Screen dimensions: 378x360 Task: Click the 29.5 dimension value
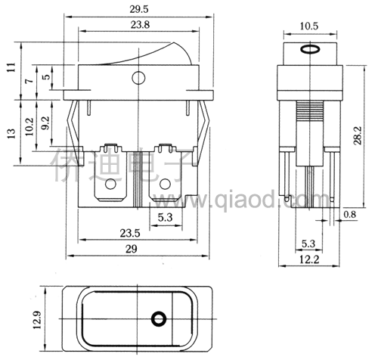coord(139,9)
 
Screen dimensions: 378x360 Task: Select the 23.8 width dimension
coord(140,25)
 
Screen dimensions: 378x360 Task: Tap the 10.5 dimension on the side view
coord(309,26)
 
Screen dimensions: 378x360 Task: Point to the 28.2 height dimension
coord(358,135)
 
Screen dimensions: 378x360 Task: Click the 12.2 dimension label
coord(309,259)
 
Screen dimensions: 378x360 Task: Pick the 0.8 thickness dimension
coord(350,214)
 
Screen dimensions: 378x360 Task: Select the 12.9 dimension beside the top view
coord(37,320)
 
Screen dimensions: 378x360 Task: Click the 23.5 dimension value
coord(130,233)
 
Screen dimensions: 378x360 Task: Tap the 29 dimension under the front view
coord(132,249)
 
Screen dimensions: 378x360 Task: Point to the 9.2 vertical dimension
coord(45,123)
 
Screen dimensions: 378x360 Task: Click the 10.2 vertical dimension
coord(29,126)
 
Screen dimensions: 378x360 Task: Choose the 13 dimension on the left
coord(11,133)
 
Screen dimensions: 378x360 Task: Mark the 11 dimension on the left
coord(11,67)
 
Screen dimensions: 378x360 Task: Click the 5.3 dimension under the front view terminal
coord(166,217)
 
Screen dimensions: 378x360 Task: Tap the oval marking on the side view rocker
coord(310,49)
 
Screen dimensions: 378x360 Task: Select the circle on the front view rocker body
coord(138,78)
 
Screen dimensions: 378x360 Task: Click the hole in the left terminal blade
coord(110,185)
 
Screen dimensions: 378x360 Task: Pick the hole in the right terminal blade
coord(165,185)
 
